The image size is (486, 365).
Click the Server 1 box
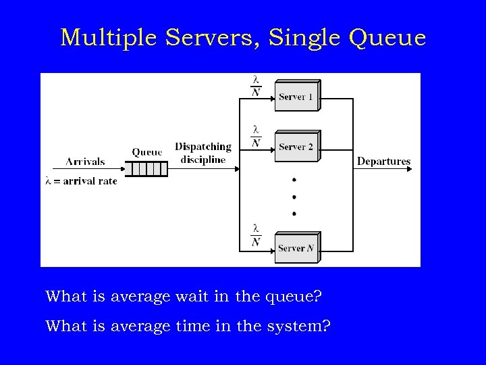pyautogui.click(x=296, y=97)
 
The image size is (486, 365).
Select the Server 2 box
pyautogui.click(x=296, y=147)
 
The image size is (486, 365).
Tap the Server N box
pyautogui.click(x=296, y=248)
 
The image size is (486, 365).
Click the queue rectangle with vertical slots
pyautogui.click(x=146, y=168)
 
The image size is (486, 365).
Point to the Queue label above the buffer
pyautogui.click(x=147, y=152)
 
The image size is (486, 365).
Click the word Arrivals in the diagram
pyautogui.click(x=85, y=162)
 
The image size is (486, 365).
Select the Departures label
pyautogui.click(x=383, y=161)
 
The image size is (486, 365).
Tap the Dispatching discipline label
pyautogui.click(x=202, y=153)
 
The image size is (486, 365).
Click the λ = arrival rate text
pyautogui.click(x=81, y=181)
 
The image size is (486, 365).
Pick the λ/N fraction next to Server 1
pyautogui.click(x=256, y=86)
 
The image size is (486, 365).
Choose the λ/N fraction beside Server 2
pyautogui.click(x=256, y=136)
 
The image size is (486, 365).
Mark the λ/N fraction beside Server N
pyautogui.click(x=256, y=235)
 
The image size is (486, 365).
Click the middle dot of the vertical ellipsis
pyautogui.click(x=294, y=197)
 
